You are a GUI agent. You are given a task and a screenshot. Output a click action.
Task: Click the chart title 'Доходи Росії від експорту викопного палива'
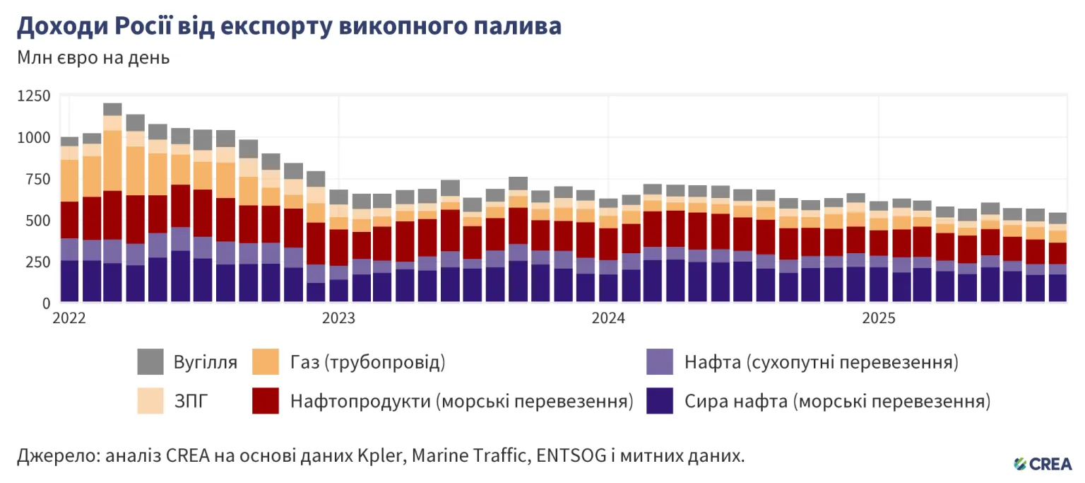(289, 26)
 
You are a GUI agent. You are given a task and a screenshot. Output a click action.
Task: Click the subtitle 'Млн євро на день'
(93, 58)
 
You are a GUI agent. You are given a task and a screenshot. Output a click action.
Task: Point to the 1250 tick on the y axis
(32, 96)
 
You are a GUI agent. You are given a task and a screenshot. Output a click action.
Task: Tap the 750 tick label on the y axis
(37, 179)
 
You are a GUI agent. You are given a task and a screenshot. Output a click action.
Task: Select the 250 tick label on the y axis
(37, 262)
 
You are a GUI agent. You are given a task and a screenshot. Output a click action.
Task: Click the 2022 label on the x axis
(69, 319)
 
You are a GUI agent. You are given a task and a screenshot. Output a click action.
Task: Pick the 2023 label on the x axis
(339, 319)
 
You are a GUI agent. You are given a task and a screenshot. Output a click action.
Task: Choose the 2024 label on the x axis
(609, 319)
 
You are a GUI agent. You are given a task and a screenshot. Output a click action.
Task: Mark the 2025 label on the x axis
(879, 319)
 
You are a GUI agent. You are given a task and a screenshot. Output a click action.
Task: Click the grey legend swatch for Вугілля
(150, 363)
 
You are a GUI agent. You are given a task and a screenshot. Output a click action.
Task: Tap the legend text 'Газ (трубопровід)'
(367, 363)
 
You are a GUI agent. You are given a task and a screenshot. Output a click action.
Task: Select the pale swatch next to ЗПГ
(150, 402)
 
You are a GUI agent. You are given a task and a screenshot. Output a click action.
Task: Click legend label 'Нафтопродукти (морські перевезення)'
(461, 402)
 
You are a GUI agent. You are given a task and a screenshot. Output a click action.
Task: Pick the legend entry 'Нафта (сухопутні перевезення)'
(822, 363)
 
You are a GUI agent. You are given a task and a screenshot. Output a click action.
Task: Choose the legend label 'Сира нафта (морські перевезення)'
(838, 402)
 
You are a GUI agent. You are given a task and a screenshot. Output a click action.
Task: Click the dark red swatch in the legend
(266, 402)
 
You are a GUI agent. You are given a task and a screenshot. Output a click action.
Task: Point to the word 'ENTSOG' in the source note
(569, 456)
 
